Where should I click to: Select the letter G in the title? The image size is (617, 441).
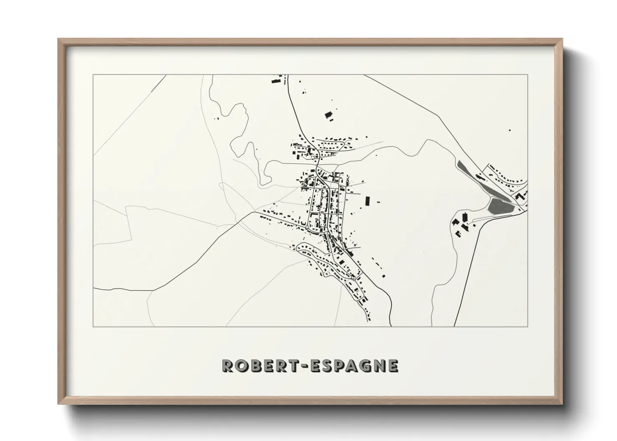[364, 365]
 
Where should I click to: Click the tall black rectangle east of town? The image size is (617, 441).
[367, 201]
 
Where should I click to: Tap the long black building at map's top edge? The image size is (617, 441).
[276, 80]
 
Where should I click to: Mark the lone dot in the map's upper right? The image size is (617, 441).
[509, 130]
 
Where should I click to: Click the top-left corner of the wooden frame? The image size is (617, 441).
[58, 39]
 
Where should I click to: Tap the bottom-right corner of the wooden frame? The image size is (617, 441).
[562, 404]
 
